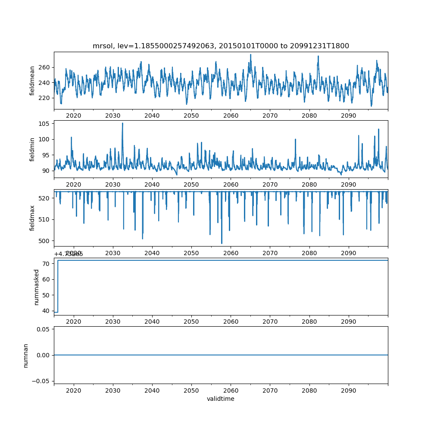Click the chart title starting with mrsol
coord(221,46)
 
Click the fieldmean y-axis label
coord(32,81)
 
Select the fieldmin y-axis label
coord(32,149)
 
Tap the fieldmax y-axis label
coord(32,218)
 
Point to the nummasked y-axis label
coord(37,287)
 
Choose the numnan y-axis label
coord(25,355)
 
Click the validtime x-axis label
coord(221,399)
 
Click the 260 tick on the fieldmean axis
coord(44,67)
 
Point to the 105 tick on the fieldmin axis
coord(44,124)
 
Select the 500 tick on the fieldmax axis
coord(44,240)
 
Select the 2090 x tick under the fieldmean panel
coord(349,116)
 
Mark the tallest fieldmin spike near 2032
coord(122,123)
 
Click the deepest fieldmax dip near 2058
coord(222,243)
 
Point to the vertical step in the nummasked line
coord(58,286)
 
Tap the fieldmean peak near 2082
coord(318,56)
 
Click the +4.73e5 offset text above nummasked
coord(69,254)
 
